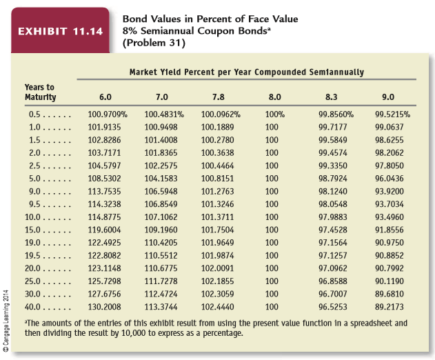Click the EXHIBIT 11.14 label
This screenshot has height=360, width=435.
click(59, 32)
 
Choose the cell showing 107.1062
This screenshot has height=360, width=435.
click(161, 216)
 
